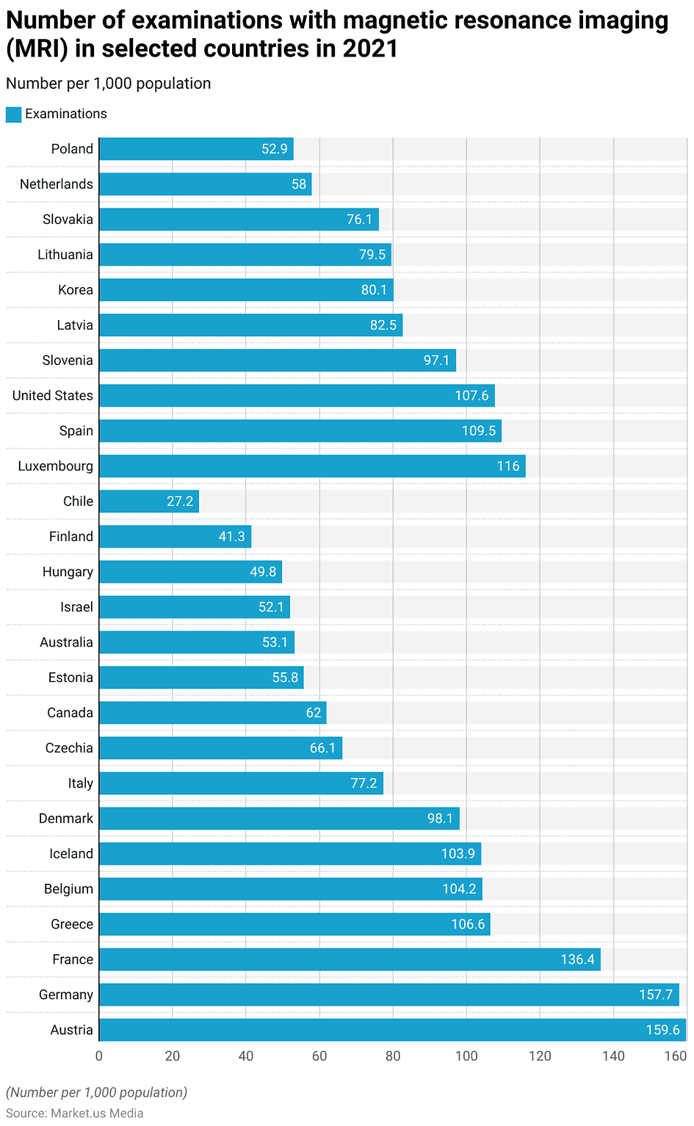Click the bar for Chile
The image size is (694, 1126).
[x=149, y=501]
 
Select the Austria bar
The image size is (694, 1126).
[x=392, y=1030]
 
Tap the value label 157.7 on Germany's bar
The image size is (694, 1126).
[x=655, y=995]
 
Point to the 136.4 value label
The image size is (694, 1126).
[x=577, y=959]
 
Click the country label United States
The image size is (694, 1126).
[x=53, y=396]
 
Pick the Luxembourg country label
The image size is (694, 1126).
[x=56, y=467]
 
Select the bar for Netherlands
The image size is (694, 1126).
[x=205, y=184]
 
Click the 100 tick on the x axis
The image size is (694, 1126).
[x=466, y=1056]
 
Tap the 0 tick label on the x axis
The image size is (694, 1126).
[x=99, y=1056]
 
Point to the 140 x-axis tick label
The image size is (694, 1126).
[x=613, y=1056]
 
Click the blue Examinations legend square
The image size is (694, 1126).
[x=13, y=114]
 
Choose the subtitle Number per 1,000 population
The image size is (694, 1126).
[x=109, y=84]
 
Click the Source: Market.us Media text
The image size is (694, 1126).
[x=75, y=1114]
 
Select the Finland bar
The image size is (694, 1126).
[x=175, y=537]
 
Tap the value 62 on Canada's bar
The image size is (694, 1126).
[x=314, y=713]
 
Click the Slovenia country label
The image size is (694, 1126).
[x=68, y=360]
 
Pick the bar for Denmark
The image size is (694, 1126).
[x=279, y=818]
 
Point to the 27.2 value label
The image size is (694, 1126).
[x=180, y=501]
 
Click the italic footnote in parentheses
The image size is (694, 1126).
[x=96, y=1092]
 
